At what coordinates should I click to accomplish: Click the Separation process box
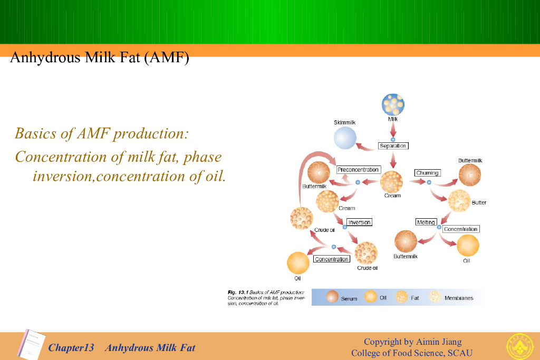click(393, 145)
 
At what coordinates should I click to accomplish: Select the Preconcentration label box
click(358, 170)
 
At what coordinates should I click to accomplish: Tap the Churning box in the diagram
click(427, 173)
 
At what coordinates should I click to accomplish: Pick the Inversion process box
click(359, 222)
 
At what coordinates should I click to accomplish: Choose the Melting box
click(426, 222)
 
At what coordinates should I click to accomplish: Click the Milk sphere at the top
click(393, 104)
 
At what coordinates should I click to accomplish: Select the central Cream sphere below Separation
click(392, 182)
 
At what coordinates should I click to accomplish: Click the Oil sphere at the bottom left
click(298, 263)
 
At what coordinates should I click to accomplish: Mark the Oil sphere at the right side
click(468, 246)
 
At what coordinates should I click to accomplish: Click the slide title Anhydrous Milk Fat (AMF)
click(99, 57)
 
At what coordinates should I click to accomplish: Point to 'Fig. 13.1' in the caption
click(238, 292)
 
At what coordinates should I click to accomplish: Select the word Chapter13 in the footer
click(71, 348)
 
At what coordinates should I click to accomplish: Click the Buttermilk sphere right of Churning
click(469, 175)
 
